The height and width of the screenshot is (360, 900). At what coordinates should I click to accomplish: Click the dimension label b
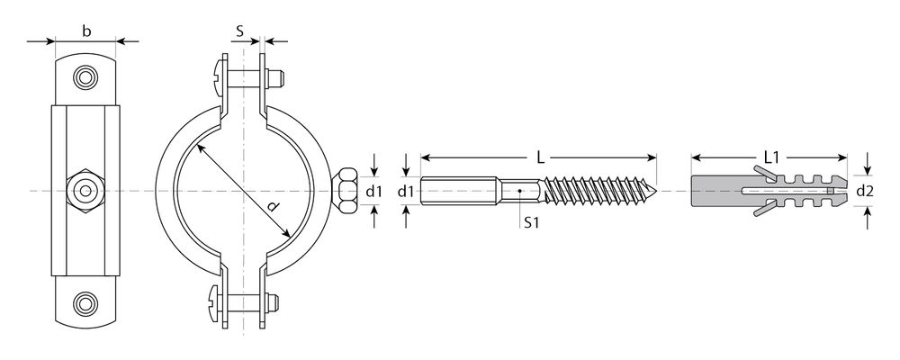click(x=86, y=31)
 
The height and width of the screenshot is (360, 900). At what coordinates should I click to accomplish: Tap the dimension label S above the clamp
click(x=240, y=31)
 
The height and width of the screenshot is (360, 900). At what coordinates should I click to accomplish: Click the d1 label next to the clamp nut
click(x=373, y=192)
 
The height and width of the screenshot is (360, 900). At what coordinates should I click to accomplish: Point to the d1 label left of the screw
click(x=406, y=192)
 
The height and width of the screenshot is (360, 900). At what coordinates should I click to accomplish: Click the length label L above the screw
click(x=540, y=157)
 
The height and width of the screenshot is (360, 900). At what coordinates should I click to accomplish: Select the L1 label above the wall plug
click(x=772, y=157)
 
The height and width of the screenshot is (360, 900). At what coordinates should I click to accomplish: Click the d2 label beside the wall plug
click(x=864, y=192)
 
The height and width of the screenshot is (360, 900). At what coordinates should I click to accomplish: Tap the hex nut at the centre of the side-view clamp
click(x=85, y=191)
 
